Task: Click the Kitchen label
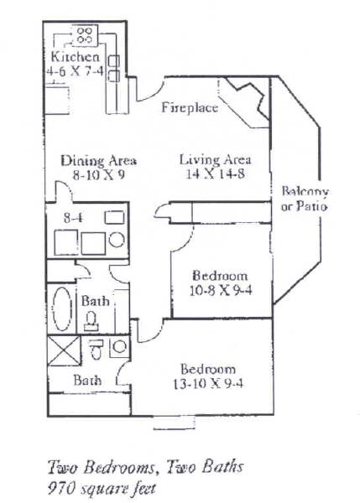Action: click(76, 57)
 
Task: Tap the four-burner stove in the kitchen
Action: click(86, 35)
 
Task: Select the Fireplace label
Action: click(190, 107)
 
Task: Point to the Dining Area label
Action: click(99, 160)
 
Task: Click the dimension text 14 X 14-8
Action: click(216, 174)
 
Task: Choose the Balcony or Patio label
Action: click(305, 199)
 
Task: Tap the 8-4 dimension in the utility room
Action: click(73, 218)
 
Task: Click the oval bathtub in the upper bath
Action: click(62, 309)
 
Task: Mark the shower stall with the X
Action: click(64, 350)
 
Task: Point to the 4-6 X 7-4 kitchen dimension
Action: click(76, 70)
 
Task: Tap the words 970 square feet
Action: click(102, 489)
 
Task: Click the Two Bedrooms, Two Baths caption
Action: click(145, 467)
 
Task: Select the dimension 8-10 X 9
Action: click(99, 175)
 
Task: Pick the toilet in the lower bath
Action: click(96, 350)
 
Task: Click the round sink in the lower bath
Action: click(120, 347)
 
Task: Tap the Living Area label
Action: click(215, 159)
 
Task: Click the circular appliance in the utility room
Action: click(117, 240)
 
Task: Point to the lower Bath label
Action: click(87, 381)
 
